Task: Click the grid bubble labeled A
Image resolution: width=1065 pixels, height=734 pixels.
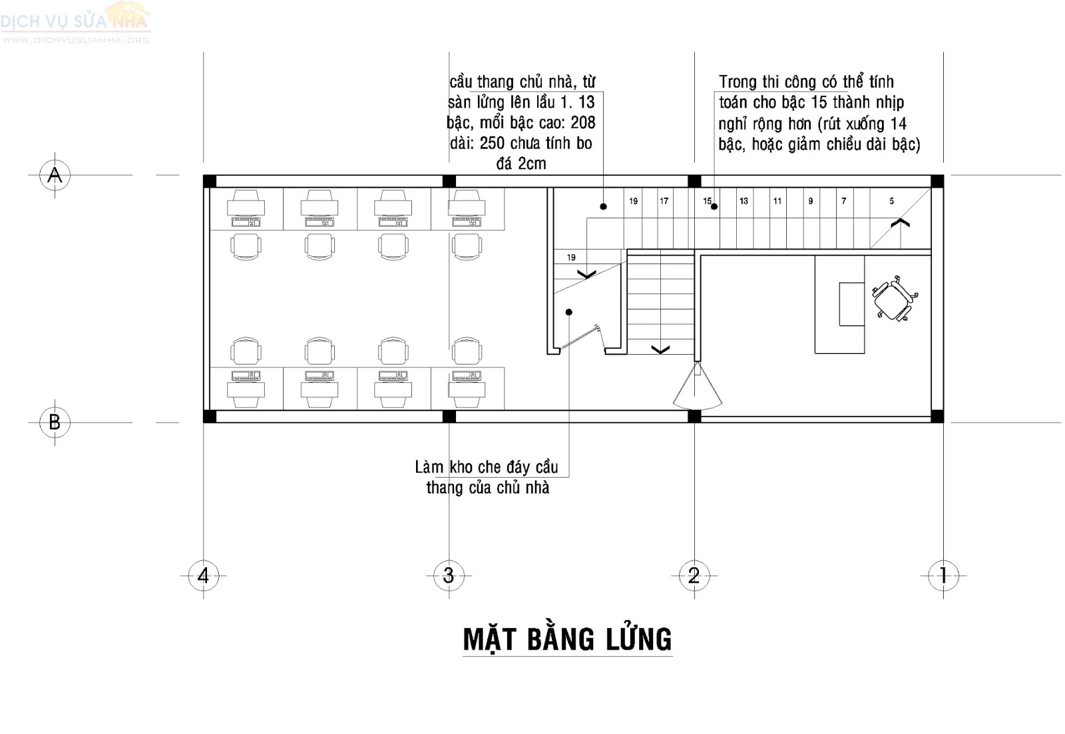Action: [55, 175]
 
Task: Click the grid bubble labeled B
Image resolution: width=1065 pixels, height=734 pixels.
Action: [55, 422]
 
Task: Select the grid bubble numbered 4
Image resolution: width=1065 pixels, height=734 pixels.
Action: [204, 575]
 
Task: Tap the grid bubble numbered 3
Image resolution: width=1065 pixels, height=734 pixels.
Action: [449, 575]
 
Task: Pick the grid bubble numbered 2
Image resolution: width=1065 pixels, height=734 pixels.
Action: [694, 575]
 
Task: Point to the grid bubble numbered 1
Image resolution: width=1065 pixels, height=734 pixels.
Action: [943, 575]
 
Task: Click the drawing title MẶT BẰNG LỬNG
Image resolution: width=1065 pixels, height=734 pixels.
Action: [567, 640]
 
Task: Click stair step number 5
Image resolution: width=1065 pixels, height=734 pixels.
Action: [892, 201]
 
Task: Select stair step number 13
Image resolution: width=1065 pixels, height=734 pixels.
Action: [744, 201]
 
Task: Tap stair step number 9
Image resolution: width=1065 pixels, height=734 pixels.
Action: [810, 201]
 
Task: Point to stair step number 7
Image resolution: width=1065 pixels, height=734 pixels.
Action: [843, 201]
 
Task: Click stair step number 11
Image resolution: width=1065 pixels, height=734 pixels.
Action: [777, 201]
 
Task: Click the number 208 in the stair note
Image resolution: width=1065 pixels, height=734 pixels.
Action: [582, 122]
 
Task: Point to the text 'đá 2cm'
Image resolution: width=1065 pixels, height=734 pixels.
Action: [521, 164]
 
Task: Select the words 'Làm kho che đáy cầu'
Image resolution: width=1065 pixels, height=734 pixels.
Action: [486, 467]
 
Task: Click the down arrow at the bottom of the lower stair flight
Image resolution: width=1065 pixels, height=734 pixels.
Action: [660, 349]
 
